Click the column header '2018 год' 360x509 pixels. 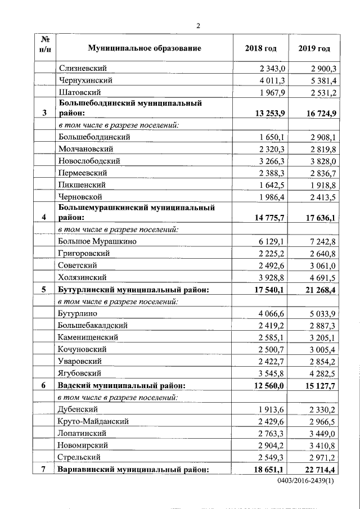coord(261,48)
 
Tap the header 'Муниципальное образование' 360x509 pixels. coord(137,48)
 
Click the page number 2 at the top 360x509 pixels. coord(198,25)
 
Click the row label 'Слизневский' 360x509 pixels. coord(83,68)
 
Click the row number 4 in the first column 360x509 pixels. coord(44,217)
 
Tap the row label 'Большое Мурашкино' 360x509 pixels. coord(97,241)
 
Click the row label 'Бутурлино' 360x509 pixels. coord(79,313)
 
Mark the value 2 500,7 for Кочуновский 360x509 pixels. coord(272,349)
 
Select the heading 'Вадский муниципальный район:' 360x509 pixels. coord(121,386)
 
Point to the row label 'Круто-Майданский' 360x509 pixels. coord(93,421)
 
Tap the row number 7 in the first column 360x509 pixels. coord(44,469)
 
